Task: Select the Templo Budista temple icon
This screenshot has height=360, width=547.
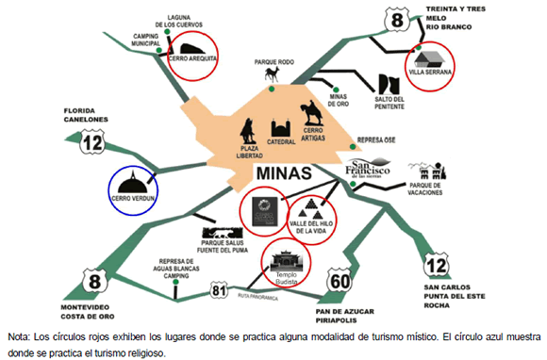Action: [284, 256]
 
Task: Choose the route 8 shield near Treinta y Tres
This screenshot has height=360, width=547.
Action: [398, 20]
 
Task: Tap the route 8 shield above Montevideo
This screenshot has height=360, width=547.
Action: [94, 279]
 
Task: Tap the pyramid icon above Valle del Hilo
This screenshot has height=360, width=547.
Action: [310, 209]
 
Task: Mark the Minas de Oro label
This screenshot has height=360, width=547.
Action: [340, 100]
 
